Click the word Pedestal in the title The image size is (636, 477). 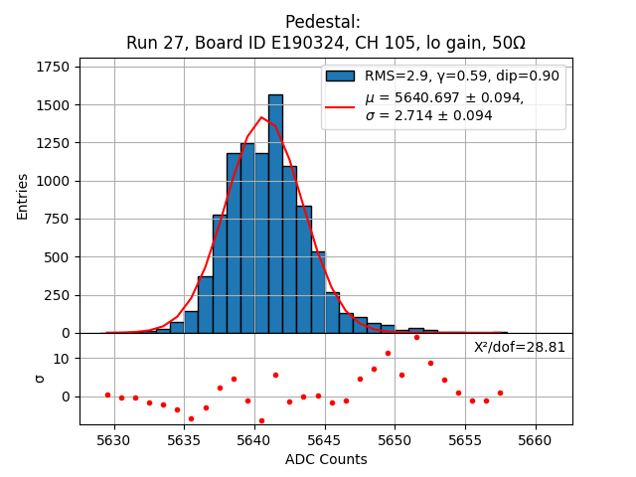point(322,22)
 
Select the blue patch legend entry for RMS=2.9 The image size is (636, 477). point(340,76)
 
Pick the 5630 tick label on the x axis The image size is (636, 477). point(114,439)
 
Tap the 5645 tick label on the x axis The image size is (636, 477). point(325,439)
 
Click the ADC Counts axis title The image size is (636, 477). point(326,459)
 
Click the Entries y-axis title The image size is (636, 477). point(23,196)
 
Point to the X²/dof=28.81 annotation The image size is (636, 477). point(520,347)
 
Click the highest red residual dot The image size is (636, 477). point(416,337)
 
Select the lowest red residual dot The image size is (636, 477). point(261,420)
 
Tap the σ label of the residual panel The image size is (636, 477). point(40,379)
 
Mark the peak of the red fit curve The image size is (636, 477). point(262,117)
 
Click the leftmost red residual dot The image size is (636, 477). point(107,395)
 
